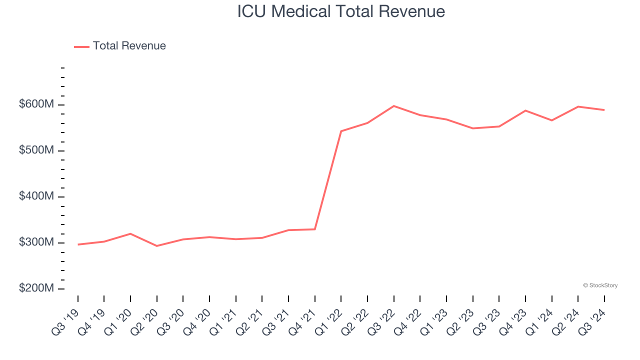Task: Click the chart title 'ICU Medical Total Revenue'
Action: tap(341, 11)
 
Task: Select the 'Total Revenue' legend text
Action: tap(129, 46)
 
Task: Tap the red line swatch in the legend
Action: tap(81, 46)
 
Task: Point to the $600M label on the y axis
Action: tap(36, 104)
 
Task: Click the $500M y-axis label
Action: tap(36, 150)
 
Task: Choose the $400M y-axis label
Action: tap(36, 196)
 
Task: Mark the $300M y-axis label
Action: tap(36, 242)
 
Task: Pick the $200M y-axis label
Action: tap(36, 288)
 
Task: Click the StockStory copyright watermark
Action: tap(600, 285)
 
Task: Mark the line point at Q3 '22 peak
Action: tap(394, 106)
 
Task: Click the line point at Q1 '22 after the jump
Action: tap(341, 131)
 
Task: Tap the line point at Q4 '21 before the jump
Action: tap(315, 229)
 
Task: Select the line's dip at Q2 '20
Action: tap(157, 246)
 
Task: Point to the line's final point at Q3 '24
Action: tap(604, 110)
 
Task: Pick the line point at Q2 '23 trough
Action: tap(472, 128)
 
